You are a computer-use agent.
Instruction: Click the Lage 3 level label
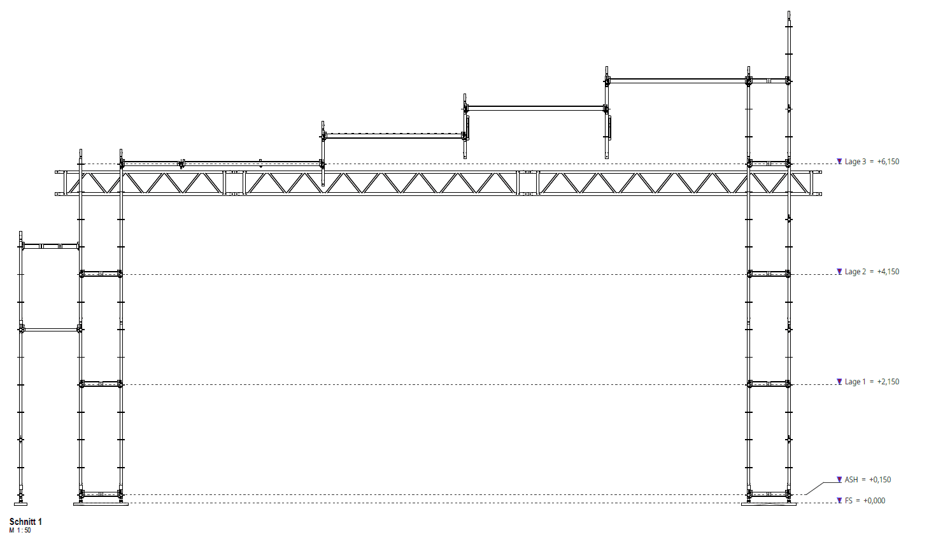pos(855,162)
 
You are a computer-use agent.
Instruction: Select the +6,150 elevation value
pos(888,162)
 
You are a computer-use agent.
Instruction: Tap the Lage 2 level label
pos(855,272)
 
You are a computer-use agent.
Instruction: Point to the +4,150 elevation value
pos(888,272)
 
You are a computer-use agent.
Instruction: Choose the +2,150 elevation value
pos(888,382)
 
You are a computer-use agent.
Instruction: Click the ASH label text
pos(851,480)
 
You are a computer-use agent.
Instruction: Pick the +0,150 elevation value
pos(880,480)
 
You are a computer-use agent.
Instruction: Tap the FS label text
pos(849,501)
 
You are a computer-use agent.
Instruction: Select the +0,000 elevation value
pos(874,501)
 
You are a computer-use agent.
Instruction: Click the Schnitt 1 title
pos(25,522)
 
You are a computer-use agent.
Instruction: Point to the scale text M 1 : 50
pos(20,531)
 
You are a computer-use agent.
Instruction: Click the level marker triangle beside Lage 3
pos(839,162)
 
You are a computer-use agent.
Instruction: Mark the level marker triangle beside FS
pos(839,501)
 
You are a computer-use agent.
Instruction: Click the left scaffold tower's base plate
pos(101,504)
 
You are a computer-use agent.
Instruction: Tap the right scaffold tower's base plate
pos(769,504)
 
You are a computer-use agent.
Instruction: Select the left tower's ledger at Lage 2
pos(101,274)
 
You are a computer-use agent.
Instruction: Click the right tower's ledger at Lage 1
pos(769,384)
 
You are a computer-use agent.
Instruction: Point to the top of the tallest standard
pos(789,13)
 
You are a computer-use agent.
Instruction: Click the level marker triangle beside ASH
pos(839,480)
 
